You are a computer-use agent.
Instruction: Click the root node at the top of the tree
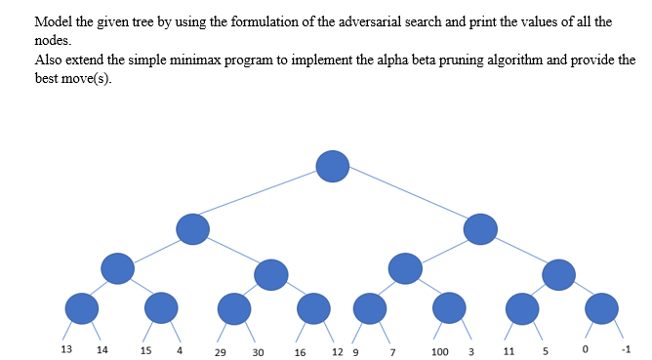pos(332,166)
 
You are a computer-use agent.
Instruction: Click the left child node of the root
pos(192,228)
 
